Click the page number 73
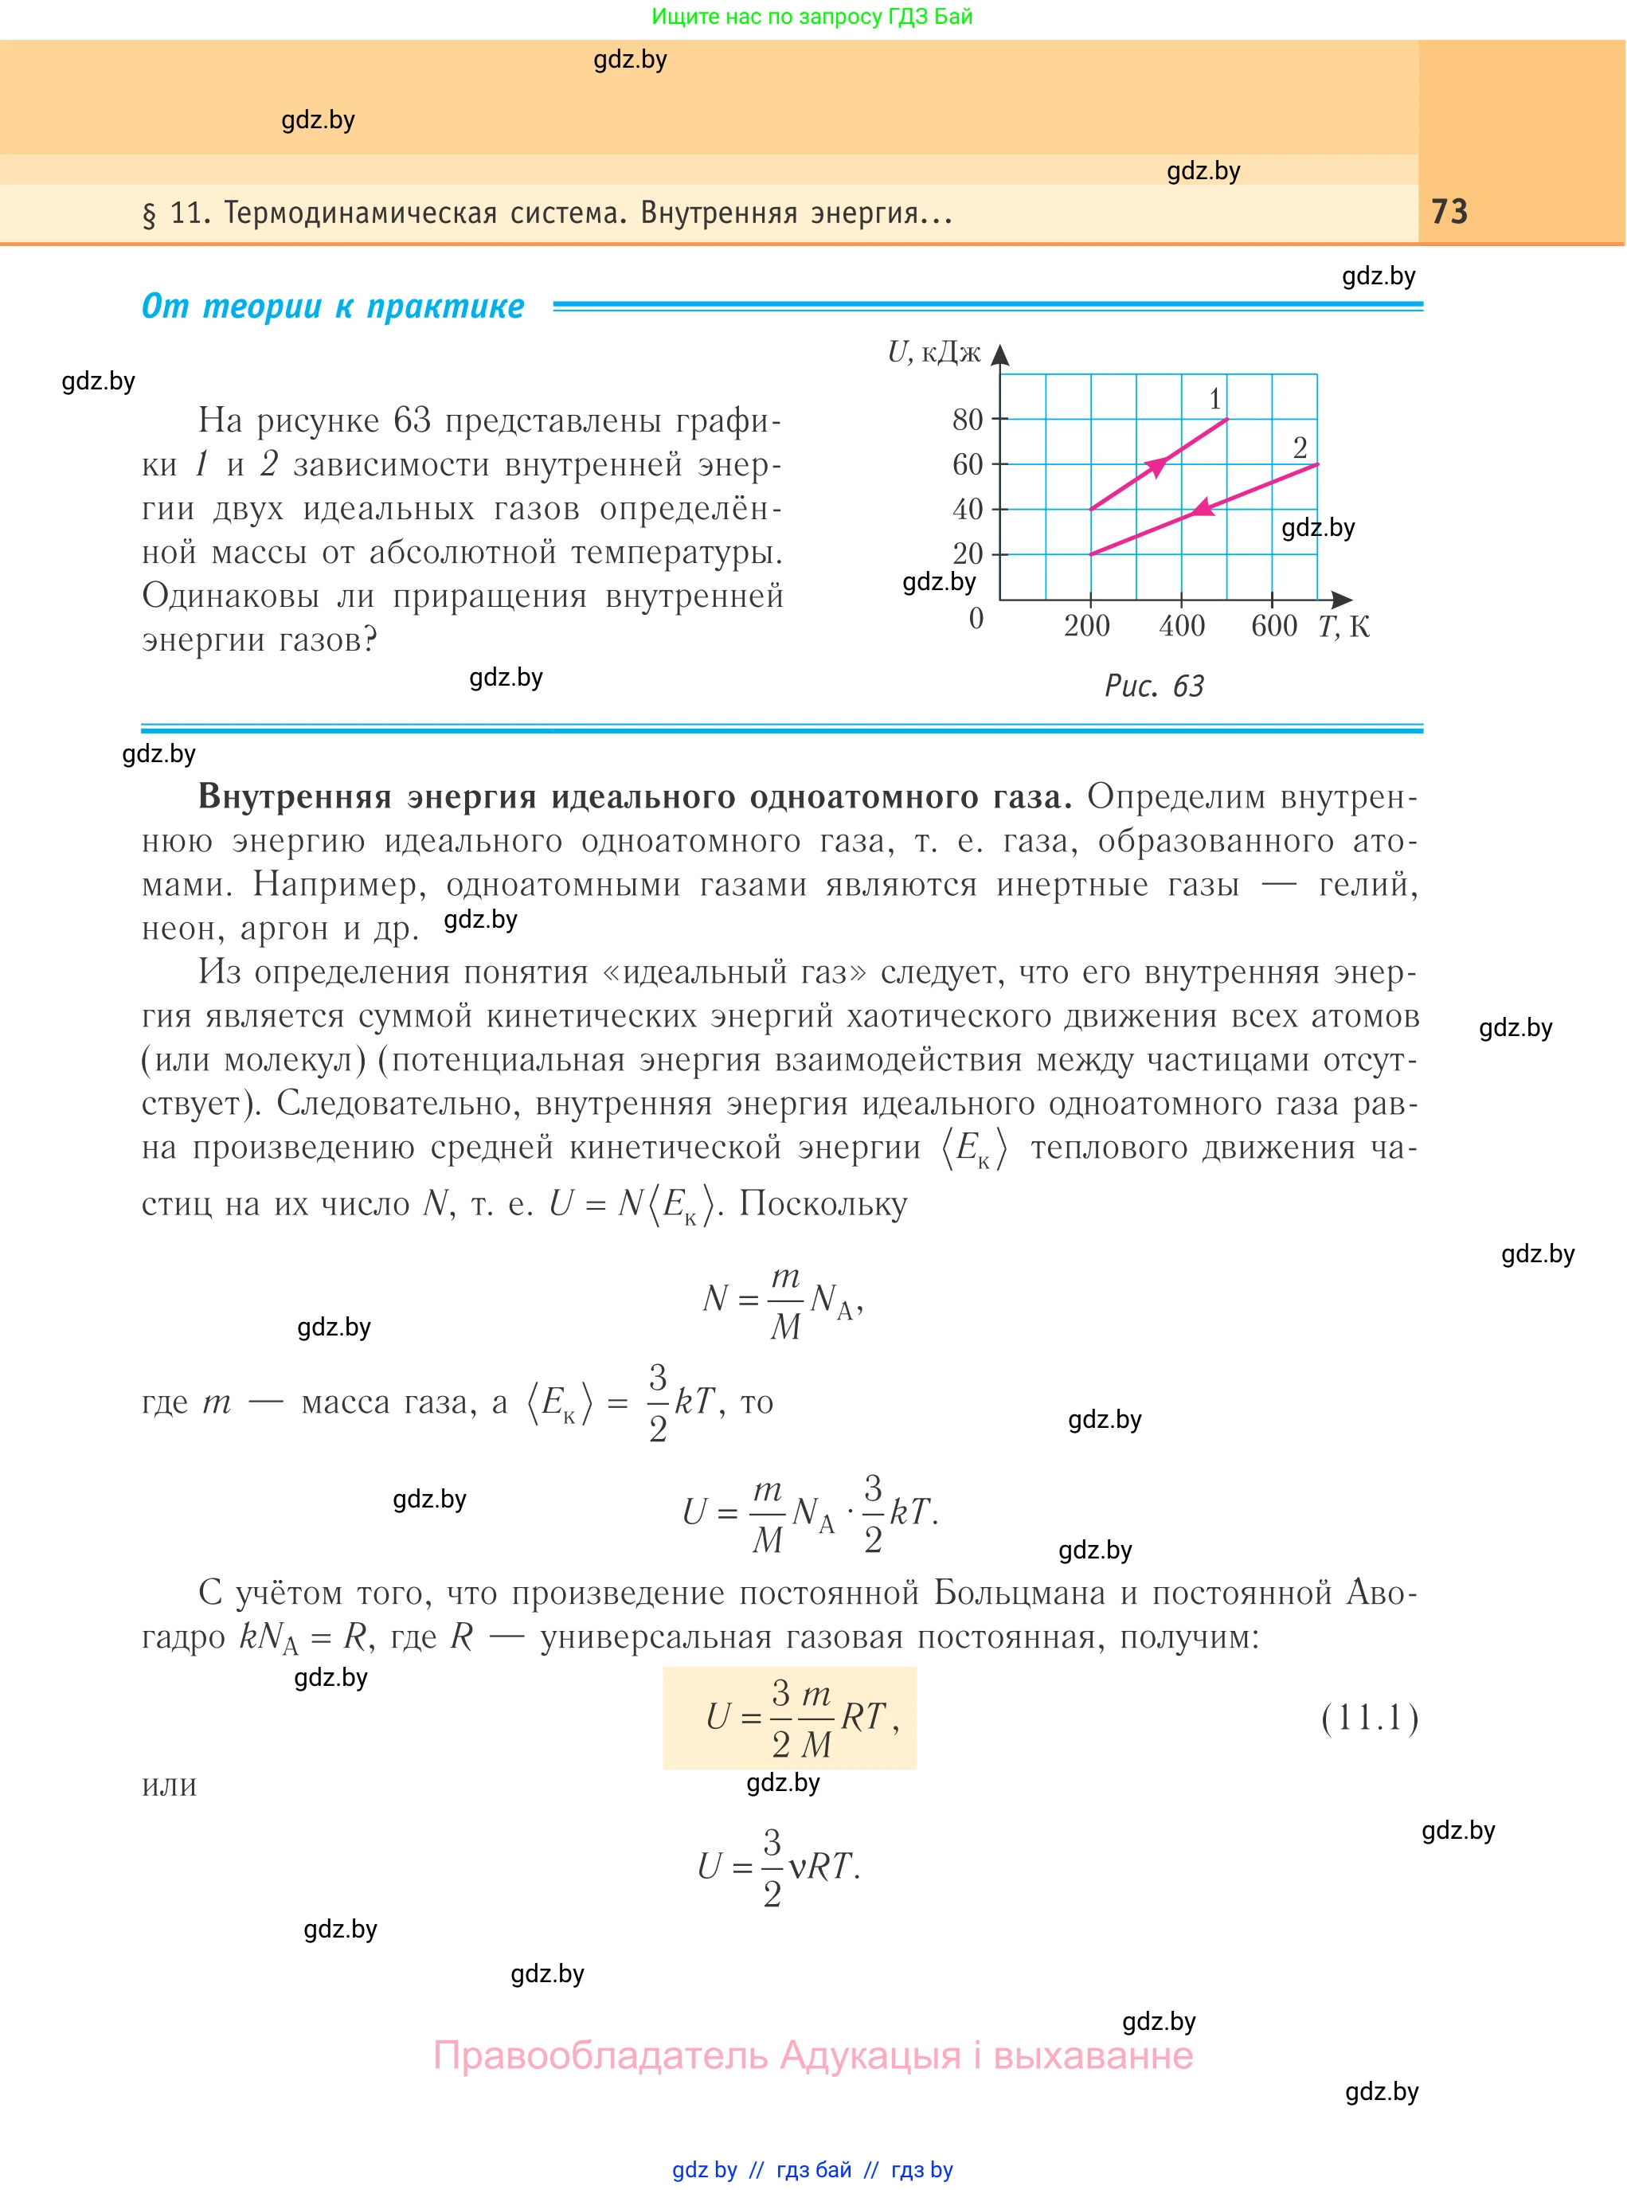coord(1449,212)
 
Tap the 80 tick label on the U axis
coord(967,420)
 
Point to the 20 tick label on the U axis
coord(967,553)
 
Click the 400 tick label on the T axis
coord(1182,625)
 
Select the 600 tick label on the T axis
coord(1273,625)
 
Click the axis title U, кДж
coord(933,353)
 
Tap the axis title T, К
coord(1343,626)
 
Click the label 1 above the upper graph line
coord(1214,399)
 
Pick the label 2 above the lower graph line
coord(1300,448)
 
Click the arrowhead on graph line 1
coord(1156,465)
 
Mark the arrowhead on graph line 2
coord(1202,508)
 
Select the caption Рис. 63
coord(1154,686)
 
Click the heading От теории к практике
coord(333,307)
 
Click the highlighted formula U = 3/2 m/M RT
coord(790,1719)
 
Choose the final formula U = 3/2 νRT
coord(778,1866)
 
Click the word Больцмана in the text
coord(1019,1592)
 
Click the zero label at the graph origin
coord(976,619)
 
